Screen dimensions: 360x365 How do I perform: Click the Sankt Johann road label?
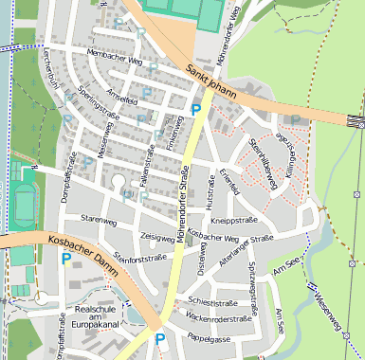pyautogui.click(x=210, y=79)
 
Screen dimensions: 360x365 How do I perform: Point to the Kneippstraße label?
pyautogui.click(x=234, y=219)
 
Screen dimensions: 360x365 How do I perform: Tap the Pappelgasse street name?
pyautogui.click(x=208, y=337)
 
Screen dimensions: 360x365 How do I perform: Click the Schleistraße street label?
pyautogui.click(x=208, y=303)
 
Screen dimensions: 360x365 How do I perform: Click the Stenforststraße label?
pyautogui.click(x=139, y=257)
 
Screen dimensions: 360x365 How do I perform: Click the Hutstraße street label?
pyautogui.click(x=209, y=195)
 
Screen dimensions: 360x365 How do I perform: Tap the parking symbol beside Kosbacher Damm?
pyautogui.click(x=66, y=259)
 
